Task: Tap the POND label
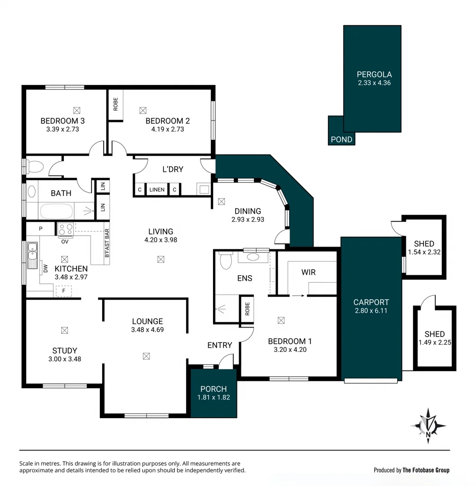point(341,139)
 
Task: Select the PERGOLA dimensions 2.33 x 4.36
point(374,83)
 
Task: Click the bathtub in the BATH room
point(56,211)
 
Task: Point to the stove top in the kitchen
point(66,229)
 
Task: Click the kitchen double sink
point(32,255)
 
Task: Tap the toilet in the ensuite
point(225,261)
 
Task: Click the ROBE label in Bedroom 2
point(116,104)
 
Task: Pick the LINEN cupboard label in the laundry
point(157,190)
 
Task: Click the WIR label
point(308,272)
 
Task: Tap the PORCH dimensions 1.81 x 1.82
point(214,397)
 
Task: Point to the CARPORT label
point(371,302)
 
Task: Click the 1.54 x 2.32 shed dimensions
point(424,252)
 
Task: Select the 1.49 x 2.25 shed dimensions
point(435,342)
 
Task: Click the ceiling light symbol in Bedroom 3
point(76,109)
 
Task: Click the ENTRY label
point(220,345)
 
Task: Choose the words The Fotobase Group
point(426,470)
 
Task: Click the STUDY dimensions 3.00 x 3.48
point(64,359)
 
